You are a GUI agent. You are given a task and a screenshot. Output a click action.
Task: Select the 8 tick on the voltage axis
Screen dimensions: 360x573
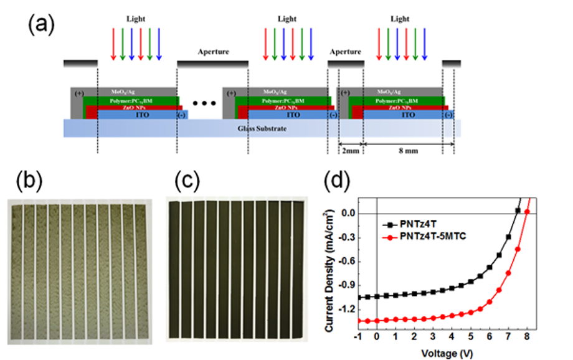(528, 337)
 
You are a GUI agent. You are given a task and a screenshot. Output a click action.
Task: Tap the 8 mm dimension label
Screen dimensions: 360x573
(403, 150)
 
